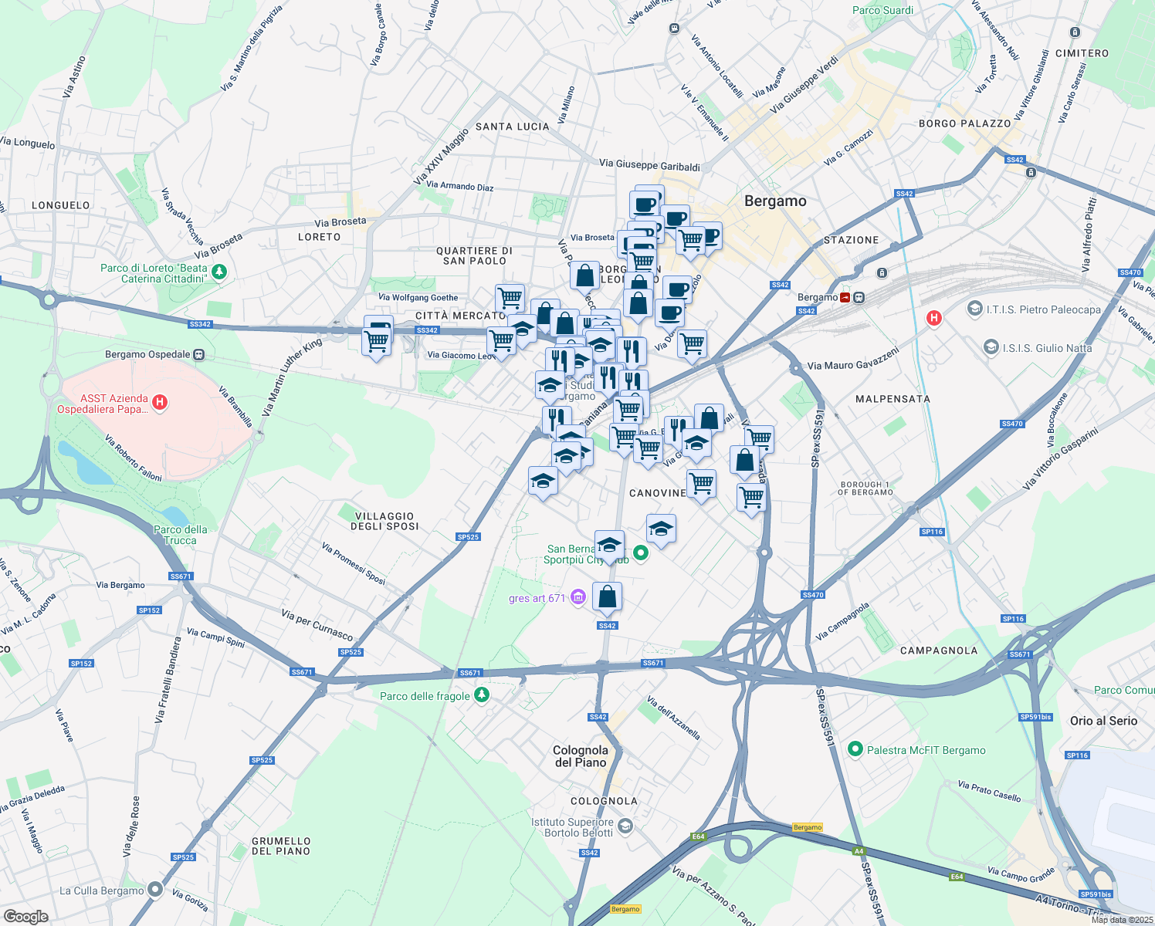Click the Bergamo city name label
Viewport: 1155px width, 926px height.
coord(775,201)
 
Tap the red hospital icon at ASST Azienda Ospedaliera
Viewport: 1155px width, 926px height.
coord(160,402)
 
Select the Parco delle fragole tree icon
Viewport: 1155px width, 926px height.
coord(482,695)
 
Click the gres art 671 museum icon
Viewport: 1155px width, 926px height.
coord(577,597)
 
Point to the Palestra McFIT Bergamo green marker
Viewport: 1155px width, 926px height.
coord(855,749)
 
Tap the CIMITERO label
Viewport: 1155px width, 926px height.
coord(1082,53)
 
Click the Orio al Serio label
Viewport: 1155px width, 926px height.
coord(1103,721)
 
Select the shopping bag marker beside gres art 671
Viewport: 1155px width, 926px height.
coord(607,596)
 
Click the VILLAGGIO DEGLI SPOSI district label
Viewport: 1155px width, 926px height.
coord(384,521)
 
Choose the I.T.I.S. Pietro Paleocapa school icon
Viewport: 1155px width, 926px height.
coord(974,309)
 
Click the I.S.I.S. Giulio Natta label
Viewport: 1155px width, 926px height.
coord(1047,348)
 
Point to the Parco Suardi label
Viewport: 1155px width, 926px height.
coord(882,10)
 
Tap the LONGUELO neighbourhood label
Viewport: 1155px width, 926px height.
coord(61,205)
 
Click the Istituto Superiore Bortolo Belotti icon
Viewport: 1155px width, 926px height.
coord(625,826)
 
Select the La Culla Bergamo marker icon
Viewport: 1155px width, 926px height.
coord(155,890)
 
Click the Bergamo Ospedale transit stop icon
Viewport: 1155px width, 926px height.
coord(199,355)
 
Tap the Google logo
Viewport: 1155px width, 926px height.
coord(26,916)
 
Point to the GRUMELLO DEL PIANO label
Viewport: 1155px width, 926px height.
coord(281,846)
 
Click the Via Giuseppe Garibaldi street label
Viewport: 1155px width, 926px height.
coord(649,165)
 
